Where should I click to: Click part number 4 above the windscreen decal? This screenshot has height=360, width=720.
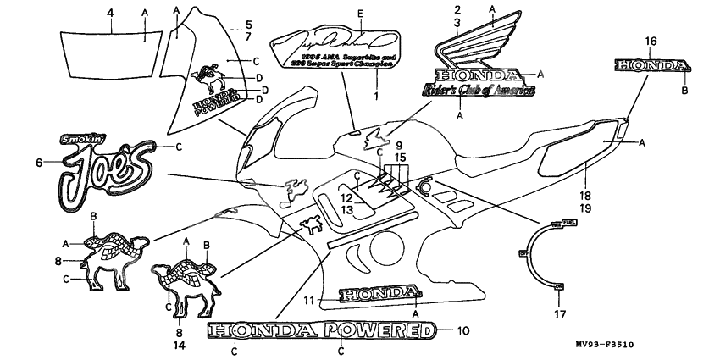pos(110,11)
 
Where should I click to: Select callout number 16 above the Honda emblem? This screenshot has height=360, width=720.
pos(651,41)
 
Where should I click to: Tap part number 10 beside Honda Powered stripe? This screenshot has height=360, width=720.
pos(462,330)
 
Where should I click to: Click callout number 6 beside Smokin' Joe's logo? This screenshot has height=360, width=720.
pos(38,162)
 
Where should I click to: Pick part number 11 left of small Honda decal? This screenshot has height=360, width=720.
pos(310,299)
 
